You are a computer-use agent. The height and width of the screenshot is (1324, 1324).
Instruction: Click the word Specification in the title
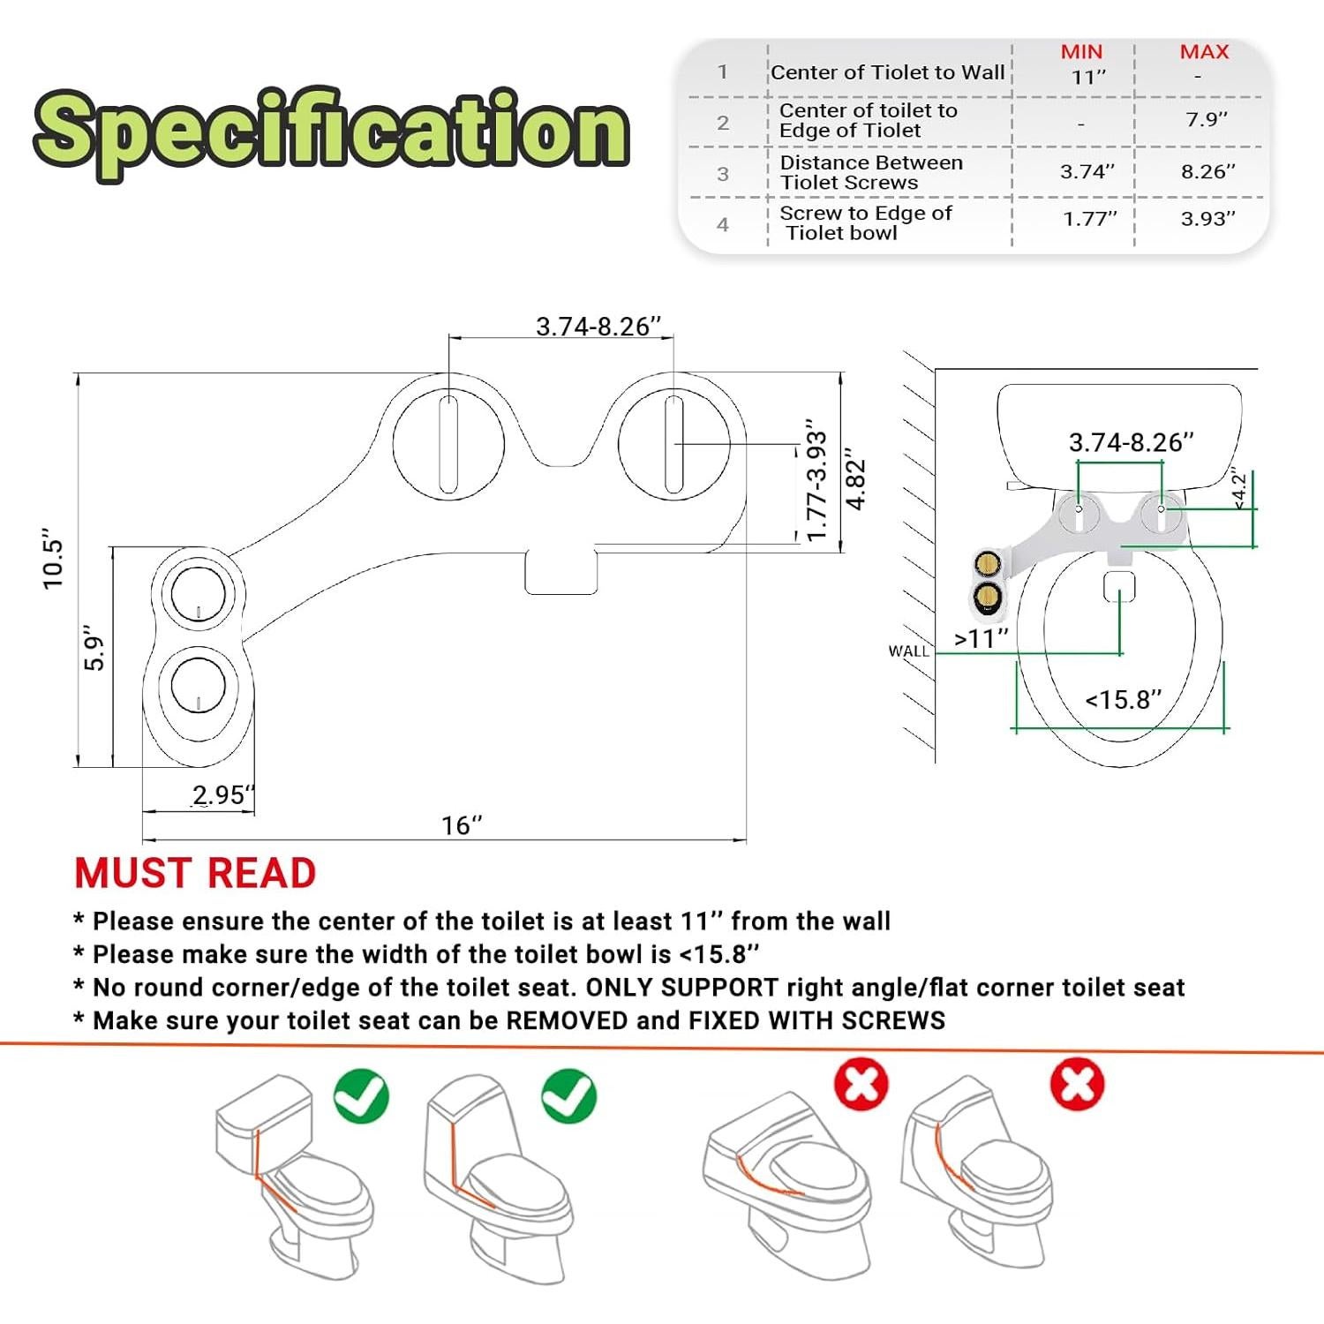tap(331, 132)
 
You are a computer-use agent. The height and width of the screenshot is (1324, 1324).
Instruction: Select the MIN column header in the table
tap(1081, 52)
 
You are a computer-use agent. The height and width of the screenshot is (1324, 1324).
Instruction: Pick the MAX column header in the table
tap(1204, 52)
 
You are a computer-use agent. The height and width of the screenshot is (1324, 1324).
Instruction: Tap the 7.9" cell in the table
tap(1206, 119)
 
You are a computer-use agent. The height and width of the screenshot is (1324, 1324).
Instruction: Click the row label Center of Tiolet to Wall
tap(887, 72)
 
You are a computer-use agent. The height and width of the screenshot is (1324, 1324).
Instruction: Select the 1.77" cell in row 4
tap(1089, 219)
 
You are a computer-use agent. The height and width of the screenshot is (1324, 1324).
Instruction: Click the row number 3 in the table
tap(723, 174)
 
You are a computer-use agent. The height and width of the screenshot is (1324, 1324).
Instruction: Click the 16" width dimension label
tap(462, 825)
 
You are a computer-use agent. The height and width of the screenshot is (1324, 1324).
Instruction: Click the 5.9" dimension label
tap(94, 649)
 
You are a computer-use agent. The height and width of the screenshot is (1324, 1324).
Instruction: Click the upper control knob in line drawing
tap(197, 592)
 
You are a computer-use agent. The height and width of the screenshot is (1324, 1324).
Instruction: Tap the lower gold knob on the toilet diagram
tap(987, 598)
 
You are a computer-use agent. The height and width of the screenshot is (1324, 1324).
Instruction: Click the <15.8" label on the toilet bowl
tap(1123, 700)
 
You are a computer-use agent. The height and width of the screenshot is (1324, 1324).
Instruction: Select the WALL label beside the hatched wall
tap(908, 651)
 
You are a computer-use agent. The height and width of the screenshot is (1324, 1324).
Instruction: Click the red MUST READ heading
tap(195, 874)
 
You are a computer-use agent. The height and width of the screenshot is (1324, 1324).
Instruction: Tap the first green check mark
tap(361, 1096)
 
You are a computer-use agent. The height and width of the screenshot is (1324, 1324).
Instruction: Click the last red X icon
tap(1077, 1085)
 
